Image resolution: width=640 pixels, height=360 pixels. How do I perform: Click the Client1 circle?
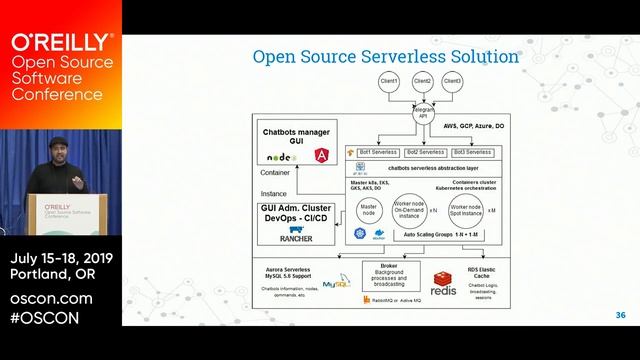[x=389, y=81]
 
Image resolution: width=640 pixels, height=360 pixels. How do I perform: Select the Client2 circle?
[x=421, y=81]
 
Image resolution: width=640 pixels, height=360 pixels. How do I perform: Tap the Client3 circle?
[x=453, y=81]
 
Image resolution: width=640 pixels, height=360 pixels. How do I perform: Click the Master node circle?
[x=369, y=209]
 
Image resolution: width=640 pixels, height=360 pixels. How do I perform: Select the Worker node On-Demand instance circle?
[x=408, y=209]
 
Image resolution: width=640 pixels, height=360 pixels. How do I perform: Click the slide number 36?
[x=620, y=315]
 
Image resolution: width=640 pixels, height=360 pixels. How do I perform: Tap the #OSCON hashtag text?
[x=45, y=318]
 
